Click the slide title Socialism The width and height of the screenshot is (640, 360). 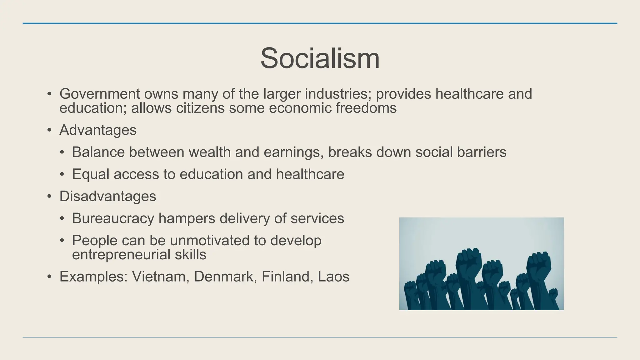coord(320,58)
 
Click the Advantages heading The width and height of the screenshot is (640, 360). coord(98,130)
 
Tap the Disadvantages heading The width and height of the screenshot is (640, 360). coord(108,197)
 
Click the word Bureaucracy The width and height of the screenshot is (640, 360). coord(113,218)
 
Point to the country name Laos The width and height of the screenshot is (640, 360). coord(333,277)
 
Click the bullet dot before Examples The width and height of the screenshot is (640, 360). coord(49,277)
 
